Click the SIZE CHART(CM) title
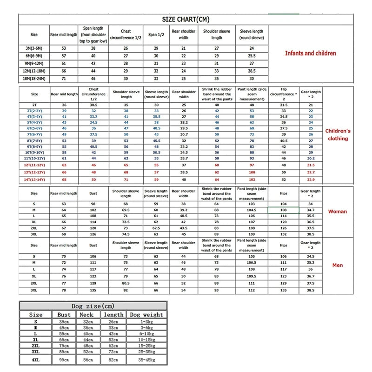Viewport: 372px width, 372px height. (x=186, y=19)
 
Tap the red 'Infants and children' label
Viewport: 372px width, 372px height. (x=310, y=53)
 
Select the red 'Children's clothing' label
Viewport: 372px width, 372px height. (x=338, y=135)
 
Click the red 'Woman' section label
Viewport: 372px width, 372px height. (x=338, y=212)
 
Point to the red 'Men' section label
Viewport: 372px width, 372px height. (x=338, y=266)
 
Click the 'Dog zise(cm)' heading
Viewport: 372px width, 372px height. (x=93, y=306)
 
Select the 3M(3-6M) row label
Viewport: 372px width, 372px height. (x=34, y=48)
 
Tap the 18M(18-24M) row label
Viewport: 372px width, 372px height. (x=34, y=79)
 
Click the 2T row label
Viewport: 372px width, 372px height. (x=34, y=105)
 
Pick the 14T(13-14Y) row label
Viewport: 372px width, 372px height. (x=34, y=179)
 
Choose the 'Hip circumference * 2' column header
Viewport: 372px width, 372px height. (x=284, y=94)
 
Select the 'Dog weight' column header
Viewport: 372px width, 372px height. (x=146, y=315)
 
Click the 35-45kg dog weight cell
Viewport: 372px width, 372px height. (x=146, y=360)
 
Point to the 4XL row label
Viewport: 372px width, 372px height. (x=36, y=360)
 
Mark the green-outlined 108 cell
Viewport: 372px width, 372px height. (x=284, y=210)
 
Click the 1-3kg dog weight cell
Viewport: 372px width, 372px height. (x=146, y=321)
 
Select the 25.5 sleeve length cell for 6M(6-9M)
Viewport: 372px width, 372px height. (x=252, y=56)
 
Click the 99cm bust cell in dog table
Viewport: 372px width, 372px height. (x=64, y=360)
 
